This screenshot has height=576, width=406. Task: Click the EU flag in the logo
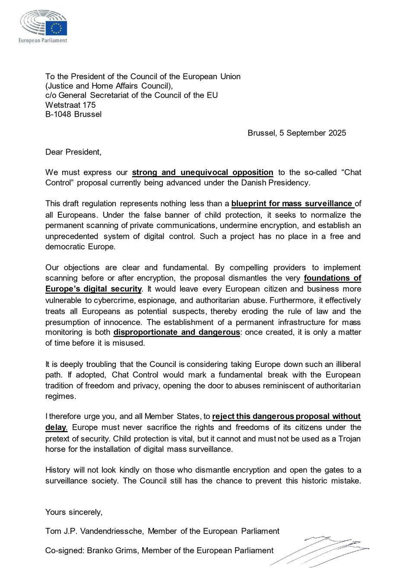57,28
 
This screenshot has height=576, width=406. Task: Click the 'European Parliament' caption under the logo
42,40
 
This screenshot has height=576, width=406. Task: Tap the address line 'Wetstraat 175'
70,105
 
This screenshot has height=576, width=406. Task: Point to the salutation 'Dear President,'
73,152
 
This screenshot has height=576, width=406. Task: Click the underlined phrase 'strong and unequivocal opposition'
202,172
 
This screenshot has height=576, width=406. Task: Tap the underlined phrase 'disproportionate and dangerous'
176,332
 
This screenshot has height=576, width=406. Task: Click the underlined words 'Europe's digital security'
94,289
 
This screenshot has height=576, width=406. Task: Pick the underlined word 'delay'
56,427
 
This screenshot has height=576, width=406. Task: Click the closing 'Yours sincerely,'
74,512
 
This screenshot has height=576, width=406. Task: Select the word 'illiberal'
344,364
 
